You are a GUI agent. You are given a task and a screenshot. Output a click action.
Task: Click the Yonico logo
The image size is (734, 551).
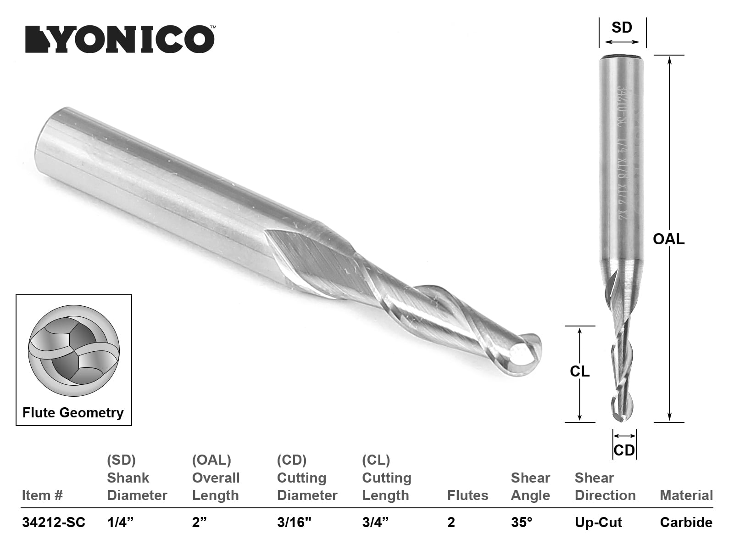pyautogui.click(x=120, y=39)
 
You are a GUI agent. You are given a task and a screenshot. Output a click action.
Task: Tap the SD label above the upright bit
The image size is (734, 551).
pyautogui.click(x=622, y=28)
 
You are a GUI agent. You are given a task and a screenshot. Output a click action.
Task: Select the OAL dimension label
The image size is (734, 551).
pyautogui.click(x=668, y=239)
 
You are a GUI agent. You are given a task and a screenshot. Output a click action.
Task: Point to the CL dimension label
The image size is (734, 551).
pyautogui.click(x=580, y=371)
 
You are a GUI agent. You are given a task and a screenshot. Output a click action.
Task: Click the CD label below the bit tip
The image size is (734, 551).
pyautogui.click(x=624, y=450)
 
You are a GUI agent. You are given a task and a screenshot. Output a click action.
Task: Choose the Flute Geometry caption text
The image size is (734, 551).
pyautogui.click(x=73, y=412)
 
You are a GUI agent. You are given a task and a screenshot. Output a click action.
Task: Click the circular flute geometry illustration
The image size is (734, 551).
pyautogui.click(x=74, y=351)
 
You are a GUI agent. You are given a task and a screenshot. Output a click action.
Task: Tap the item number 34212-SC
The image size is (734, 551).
pyautogui.click(x=54, y=522)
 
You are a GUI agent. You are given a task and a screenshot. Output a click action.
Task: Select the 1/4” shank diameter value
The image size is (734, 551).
pyautogui.click(x=120, y=522)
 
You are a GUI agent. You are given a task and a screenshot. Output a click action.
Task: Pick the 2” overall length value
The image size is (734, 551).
pyautogui.click(x=200, y=522)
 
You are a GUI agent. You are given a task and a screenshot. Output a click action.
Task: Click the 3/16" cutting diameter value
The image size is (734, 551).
pyautogui.click(x=295, y=522)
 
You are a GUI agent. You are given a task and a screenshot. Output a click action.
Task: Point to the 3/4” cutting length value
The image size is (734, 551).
pyautogui.click(x=375, y=522)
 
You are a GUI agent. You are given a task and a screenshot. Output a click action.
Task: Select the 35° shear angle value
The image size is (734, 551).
pyautogui.click(x=522, y=522)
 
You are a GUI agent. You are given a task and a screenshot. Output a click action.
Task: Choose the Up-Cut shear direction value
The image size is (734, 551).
pyautogui.click(x=598, y=522)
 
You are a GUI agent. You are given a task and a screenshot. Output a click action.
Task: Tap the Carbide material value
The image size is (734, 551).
pyautogui.click(x=686, y=522)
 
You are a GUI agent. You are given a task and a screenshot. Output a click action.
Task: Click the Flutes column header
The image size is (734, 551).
pyautogui.click(x=467, y=495)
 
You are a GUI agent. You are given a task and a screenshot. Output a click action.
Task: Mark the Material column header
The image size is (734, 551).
pyautogui.click(x=686, y=495)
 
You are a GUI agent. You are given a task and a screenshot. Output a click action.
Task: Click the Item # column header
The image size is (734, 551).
pyautogui.click(x=42, y=495)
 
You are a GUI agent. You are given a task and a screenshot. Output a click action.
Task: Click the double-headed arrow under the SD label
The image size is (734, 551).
pyautogui.click(x=622, y=42)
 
